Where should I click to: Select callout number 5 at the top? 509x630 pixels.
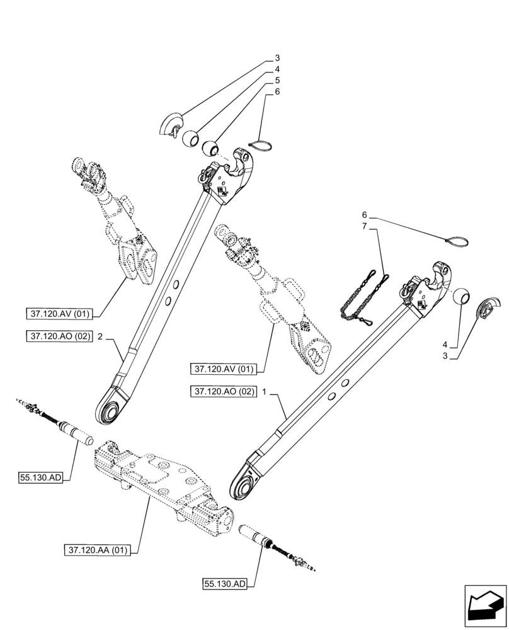point(277,81)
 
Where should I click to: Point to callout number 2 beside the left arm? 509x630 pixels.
point(100,337)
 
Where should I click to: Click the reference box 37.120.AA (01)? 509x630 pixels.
point(96,550)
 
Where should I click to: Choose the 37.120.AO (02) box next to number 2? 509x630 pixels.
point(60,337)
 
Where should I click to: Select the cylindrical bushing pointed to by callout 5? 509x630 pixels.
point(210,149)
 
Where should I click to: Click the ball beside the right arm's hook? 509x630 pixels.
point(462,295)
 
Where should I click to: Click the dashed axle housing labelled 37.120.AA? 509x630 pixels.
point(157,482)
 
